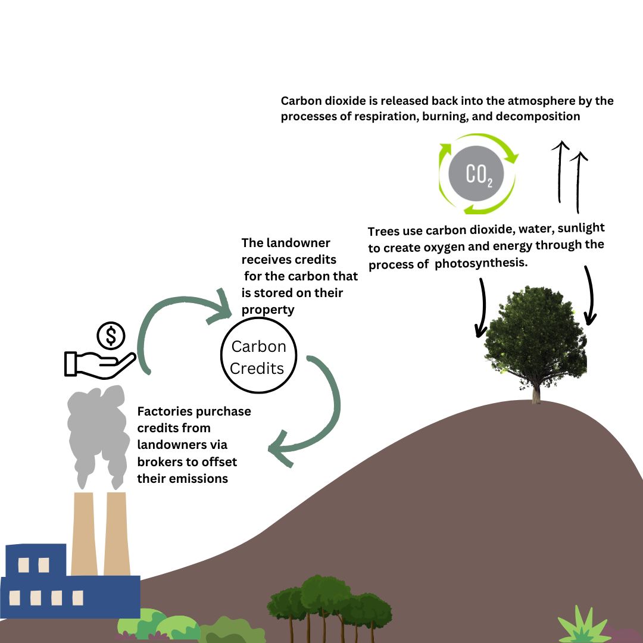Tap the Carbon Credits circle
point(258,356)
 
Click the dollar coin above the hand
point(111,336)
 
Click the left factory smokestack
point(84,533)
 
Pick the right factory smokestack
point(116,533)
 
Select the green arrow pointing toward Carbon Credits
point(179,321)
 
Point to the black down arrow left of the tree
point(481,307)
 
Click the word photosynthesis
point(481,263)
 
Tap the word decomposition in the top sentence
point(538,116)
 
